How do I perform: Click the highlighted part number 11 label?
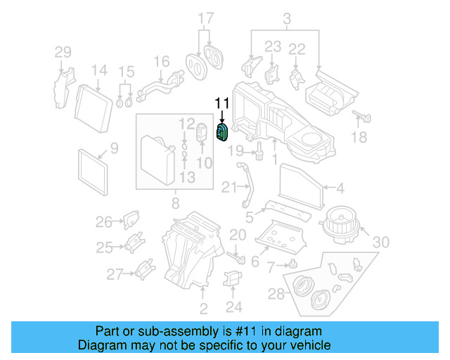222,104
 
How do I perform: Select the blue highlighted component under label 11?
223,132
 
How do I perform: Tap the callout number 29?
63,51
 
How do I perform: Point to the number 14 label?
99,70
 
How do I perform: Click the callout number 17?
205,18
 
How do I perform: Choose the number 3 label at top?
287,19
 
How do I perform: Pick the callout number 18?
359,139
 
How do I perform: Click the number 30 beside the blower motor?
380,243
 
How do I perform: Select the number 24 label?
234,307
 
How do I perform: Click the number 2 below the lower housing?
203,309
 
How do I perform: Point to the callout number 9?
115,148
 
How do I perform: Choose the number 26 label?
103,222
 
